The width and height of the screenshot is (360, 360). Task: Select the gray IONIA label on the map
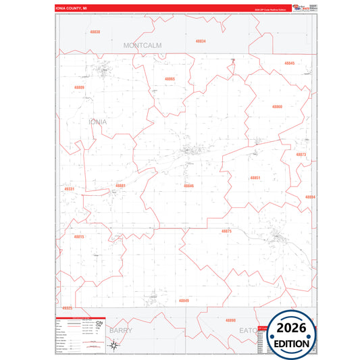(98, 122)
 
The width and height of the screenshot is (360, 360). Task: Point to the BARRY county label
(121, 331)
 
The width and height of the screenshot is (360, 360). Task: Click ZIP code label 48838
(95, 32)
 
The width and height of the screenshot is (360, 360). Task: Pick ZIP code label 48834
(201, 41)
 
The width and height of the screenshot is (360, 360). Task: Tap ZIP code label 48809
(80, 87)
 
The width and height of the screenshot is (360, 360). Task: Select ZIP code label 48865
(170, 79)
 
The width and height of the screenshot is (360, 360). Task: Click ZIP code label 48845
(289, 63)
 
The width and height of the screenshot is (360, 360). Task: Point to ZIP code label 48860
(277, 107)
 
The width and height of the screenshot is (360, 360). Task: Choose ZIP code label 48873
(301, 155)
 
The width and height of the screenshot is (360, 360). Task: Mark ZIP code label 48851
(255, 178)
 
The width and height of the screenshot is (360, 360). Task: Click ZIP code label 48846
(188, 185)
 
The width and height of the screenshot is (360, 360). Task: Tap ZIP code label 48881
(120, 185)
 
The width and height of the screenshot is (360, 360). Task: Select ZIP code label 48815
(79, 237)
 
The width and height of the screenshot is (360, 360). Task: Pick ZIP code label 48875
(226, 231)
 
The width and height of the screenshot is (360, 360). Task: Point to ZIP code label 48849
(184, 301)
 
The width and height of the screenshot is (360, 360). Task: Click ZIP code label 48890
(230, 320)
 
